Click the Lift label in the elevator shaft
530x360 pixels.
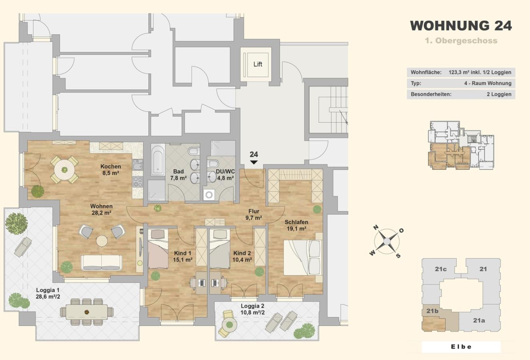point(258,64)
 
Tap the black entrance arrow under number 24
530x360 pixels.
point(254,162)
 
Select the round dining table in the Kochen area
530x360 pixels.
point(64,170)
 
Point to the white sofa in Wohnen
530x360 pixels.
point(102,262)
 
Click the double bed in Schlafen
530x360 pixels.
point(303,258)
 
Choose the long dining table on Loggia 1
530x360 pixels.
point(86,312)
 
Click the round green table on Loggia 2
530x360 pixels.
point(229,325)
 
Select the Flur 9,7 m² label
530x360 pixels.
point(254,214)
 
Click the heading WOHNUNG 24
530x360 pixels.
point(461,26)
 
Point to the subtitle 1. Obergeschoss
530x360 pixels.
point(461,41)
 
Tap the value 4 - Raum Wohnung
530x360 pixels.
point(488,83)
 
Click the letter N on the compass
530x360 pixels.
point(376,228)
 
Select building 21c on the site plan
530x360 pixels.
point(440,269)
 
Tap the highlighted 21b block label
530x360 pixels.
point(432,311)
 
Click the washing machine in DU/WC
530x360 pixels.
point(209,195)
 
